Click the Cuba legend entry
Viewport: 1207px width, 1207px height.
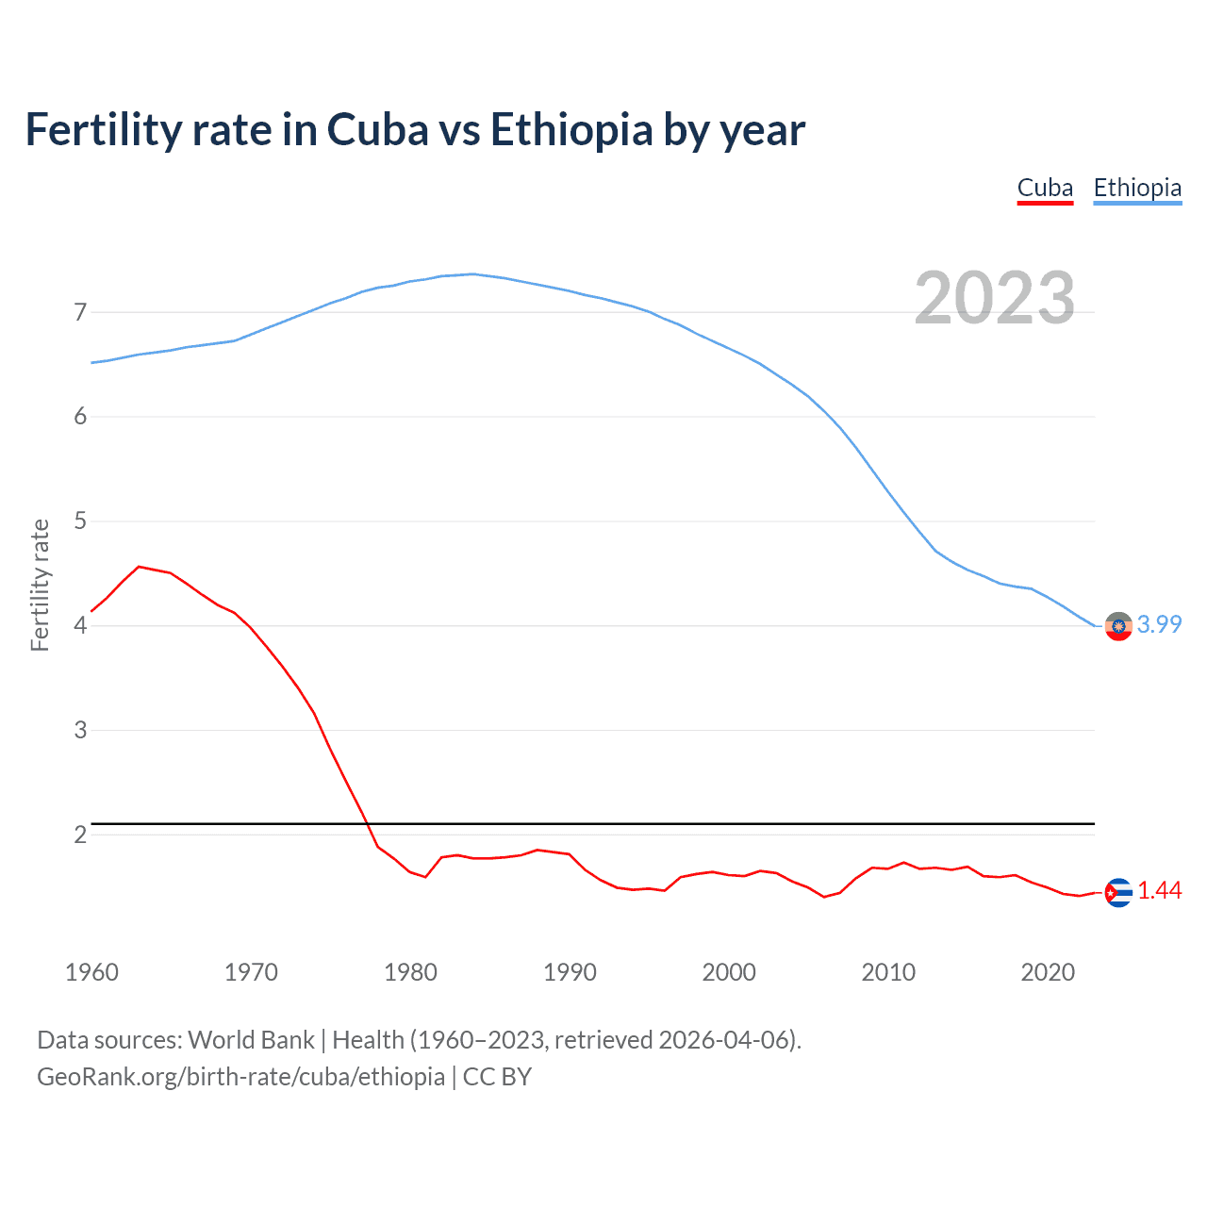coord(1045,189)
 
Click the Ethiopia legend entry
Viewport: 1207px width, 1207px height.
coord(1137,189)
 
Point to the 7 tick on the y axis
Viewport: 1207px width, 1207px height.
coord(80,312)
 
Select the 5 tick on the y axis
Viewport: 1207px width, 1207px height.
coord(80,521)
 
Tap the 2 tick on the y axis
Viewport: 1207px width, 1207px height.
coord(80,835)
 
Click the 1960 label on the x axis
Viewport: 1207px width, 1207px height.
coord(91,972)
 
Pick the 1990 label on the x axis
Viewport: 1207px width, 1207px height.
coord(570,972)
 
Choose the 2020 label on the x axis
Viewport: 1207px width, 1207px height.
coord(1048,972)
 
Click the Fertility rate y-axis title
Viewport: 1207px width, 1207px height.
coord(40,585)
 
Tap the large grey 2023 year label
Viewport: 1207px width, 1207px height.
coord(994,298)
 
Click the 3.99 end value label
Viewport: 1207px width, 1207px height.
coord(1159,624)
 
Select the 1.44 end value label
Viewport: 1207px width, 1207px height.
coord(1159,890)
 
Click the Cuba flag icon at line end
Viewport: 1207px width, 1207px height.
coord(1118,892)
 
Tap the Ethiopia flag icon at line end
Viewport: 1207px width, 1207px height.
coord(1118,626)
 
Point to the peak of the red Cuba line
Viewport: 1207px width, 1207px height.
coord(140,567)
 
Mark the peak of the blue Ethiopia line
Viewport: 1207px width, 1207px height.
coord(472,274)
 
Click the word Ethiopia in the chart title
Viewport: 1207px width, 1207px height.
coord(571,130)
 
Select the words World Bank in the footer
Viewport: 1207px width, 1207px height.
coord(251,1040)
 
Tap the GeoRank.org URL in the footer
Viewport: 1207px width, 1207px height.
coord(240,1077)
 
